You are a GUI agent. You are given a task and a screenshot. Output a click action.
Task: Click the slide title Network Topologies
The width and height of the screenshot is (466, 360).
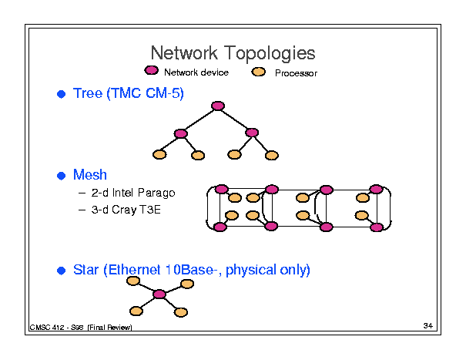click(x=233, y=53)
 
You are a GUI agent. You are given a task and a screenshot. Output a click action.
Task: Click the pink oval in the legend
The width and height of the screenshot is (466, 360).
click(x=154, y=72)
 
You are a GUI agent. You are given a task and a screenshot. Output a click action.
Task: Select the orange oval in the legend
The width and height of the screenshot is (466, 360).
click(x=260, y=72)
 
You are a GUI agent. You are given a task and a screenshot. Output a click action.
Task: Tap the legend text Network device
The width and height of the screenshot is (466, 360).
click(x=196, y=72)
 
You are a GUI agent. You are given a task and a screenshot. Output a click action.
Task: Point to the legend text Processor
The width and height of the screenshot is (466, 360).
click(x=296, y=73)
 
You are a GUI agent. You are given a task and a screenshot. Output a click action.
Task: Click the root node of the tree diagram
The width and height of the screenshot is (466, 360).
click(x=218, y=106)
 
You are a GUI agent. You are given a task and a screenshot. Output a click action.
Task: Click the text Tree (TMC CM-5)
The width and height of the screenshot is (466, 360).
click(x=129, y=94)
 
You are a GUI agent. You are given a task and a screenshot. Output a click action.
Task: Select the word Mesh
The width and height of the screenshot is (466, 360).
click(x=89, y=175)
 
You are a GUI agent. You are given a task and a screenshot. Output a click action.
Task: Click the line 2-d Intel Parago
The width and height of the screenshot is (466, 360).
click(x=132, y=193)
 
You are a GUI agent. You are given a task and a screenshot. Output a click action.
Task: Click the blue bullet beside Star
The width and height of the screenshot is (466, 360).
click(x=62, y=271)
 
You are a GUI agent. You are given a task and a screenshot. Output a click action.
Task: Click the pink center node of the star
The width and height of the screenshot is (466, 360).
click(x=159, y=294)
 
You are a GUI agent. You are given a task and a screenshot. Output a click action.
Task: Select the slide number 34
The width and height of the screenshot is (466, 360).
click(x=428, y=327)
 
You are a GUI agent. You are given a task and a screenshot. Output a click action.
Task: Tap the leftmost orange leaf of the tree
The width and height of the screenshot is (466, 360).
click(x=159, y=155)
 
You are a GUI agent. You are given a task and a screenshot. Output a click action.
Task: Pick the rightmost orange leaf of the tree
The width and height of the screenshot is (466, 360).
click(x=270, y=155)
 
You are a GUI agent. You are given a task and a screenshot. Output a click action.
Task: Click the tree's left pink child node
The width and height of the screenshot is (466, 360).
click(x=181, y=133)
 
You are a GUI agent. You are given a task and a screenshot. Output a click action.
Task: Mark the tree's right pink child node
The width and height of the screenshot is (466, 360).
click(x=251, y=133)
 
